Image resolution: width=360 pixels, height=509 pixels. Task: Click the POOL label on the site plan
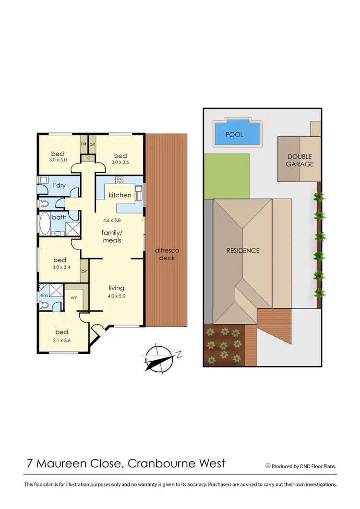tap(234, 135)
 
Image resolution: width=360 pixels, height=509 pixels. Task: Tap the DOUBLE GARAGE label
tap(300, 160)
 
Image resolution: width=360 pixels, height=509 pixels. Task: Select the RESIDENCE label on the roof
tap(243, 250)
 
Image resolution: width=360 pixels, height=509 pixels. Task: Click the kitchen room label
tap(120, 195)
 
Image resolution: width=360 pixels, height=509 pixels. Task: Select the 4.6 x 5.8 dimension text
tap(112, 221)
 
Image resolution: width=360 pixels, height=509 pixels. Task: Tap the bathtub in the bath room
tap(45, 225)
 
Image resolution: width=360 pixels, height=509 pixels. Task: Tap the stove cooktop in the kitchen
tap(120, 180)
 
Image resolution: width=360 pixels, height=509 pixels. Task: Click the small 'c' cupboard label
tap(88, 158)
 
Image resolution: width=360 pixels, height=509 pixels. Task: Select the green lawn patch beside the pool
tap(227, 176)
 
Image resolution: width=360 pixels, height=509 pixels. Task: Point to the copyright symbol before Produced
tap(268, 465)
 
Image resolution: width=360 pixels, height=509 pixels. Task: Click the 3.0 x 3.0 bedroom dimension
tap(59, 160)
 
